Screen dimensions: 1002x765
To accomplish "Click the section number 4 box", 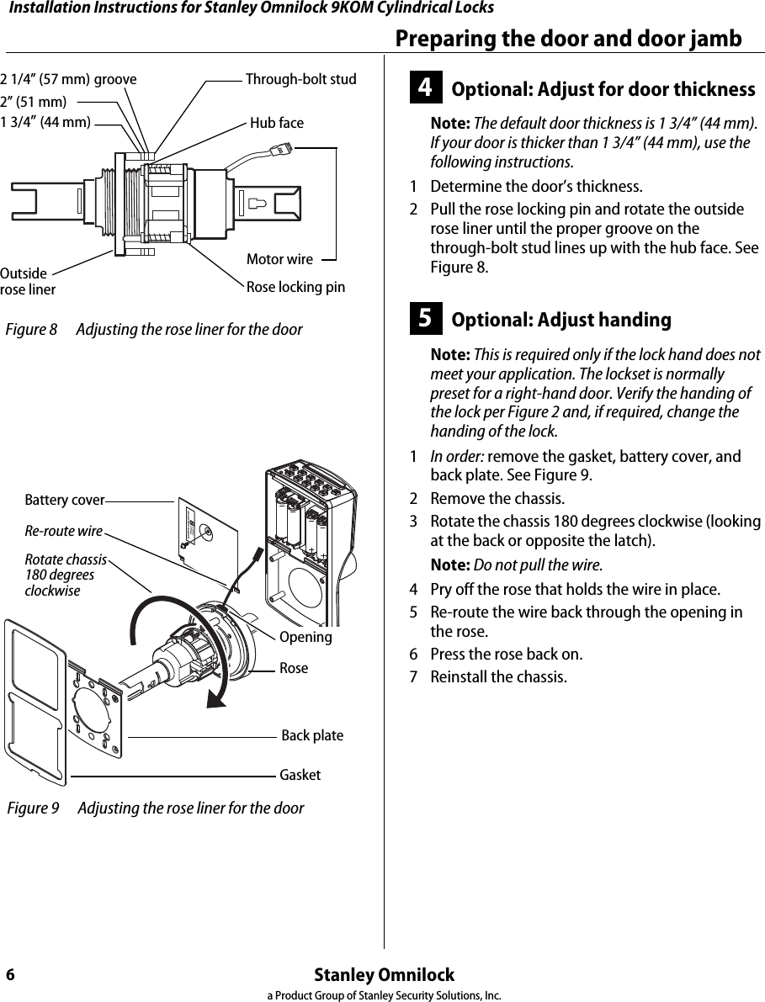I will (426, 89).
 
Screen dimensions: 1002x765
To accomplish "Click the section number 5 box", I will (426, 320).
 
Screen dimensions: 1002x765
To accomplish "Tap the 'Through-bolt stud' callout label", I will (300, 80).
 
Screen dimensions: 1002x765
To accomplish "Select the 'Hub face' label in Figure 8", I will (277, 123).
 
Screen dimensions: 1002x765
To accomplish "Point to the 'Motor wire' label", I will (279, 259).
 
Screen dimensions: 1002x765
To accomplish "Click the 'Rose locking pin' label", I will (295, 287).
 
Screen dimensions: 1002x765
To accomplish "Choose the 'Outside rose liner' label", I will (27, 282).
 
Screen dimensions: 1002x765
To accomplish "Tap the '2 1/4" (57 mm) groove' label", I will (68, 80).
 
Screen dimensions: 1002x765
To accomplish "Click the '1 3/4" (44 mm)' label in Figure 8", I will (45, 123).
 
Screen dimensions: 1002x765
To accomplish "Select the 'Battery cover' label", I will (64, 501).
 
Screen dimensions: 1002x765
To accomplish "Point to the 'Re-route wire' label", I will (63, 531).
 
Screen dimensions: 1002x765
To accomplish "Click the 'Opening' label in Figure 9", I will (305, 637).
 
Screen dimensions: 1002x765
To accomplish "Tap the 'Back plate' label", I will (312, 735).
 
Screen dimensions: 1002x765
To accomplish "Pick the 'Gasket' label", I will (300, 775).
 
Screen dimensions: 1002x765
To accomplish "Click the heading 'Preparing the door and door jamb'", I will (568, 39).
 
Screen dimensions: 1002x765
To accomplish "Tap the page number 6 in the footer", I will (10, 975).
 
